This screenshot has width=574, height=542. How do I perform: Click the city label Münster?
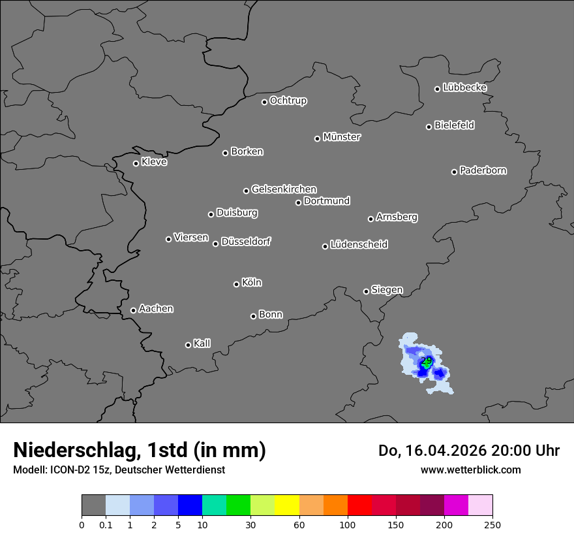click(x=342, y=137)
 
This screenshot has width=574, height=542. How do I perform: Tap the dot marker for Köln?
click(x=236, y=284)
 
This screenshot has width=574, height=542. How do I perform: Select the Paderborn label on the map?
click(x=483, y=170)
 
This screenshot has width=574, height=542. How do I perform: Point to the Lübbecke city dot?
click(x=437, y=89)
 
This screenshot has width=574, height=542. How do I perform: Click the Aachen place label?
click(x=156, y=309)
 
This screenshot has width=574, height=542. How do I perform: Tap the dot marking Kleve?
click(x=136, y=163)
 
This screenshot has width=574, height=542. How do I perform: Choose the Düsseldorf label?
click(x=246, y=242)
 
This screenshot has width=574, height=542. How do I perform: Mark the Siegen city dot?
click(x=366, y=291)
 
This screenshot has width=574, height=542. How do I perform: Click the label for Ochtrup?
click(x=288, y=101)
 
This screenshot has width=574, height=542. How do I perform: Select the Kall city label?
click(x=202, y=343)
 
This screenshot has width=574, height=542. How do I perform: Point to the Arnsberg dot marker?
click(x=370, y=219)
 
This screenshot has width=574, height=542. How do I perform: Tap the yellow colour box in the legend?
click(x=287, y=505)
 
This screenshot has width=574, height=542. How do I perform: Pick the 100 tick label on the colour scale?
click(x=348, y=524)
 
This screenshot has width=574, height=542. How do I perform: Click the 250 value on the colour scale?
click(x=492, y=524)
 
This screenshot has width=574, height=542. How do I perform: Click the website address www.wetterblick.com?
click(x=471, y=470)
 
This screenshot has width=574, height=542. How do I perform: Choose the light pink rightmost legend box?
click(x=480, y=505)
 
